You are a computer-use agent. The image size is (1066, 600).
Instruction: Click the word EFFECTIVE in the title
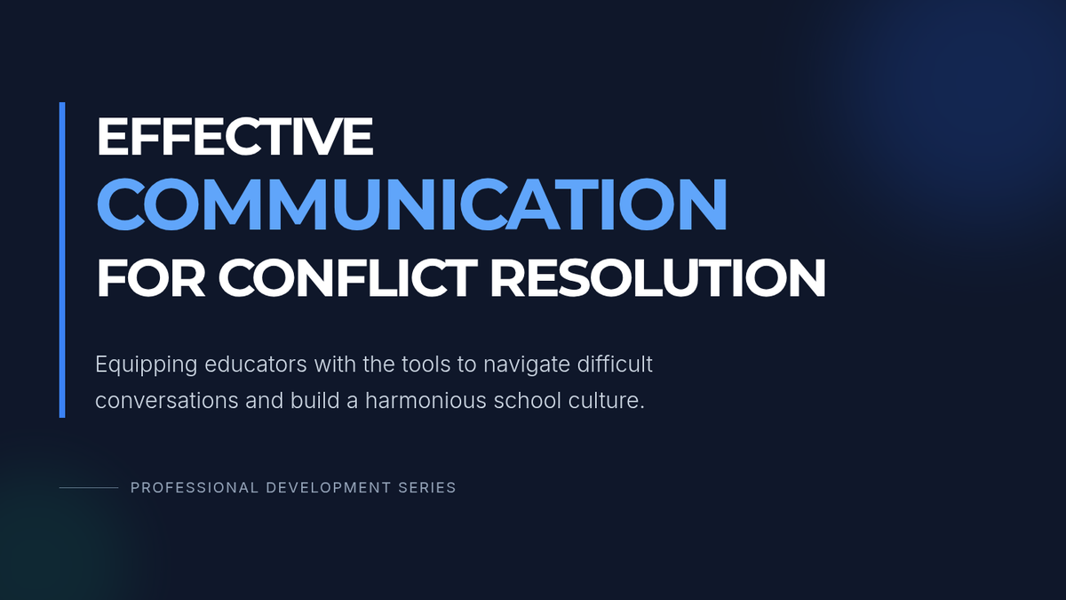[x=235, y=137]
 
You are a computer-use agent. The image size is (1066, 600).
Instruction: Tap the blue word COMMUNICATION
[x=412, y=204]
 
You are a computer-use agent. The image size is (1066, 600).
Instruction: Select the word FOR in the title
[x=151, y=278]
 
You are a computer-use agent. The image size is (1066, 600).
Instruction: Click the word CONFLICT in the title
[x=347, y=278]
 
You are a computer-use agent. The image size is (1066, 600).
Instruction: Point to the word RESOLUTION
[x=657, y=278]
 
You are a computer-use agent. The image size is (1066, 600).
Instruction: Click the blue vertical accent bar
[x=62, y=260]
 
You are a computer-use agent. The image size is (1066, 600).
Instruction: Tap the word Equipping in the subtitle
[x=146, y=365]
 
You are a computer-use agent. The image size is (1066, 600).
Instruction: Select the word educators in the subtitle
[x=256, y=364]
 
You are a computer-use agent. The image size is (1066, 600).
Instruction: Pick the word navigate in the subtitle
[x=526, y=365]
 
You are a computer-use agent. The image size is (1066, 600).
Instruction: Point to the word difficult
[x=615, y=364]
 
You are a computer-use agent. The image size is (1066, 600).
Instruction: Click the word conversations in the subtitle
[x=167, y=401]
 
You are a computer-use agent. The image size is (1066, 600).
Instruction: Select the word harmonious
[x=426, y=401]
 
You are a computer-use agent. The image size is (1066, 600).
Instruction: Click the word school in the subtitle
[x=528, y=401]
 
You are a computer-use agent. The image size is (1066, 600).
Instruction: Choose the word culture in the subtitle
[x=606, y=401]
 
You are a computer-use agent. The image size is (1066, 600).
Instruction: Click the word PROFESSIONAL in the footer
[x=195, y=488]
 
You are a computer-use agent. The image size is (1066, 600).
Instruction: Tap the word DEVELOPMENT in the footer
[x=329, y=488]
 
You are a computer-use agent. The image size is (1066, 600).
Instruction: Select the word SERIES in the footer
[x=427, y=488]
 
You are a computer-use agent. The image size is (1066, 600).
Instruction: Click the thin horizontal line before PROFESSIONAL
[x=89, y=488]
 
